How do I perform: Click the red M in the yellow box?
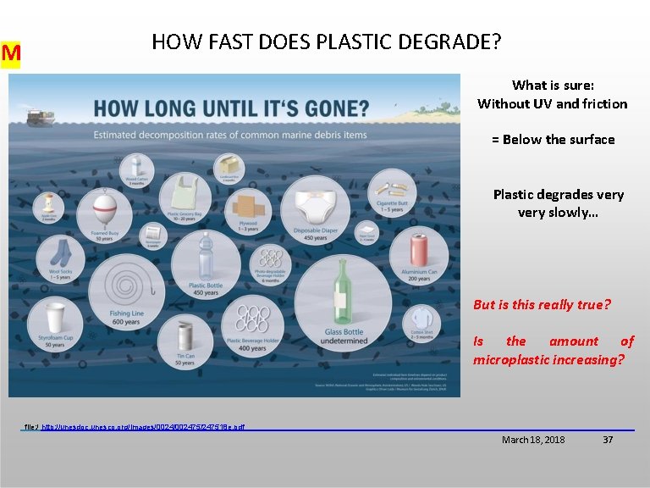coord(11,54)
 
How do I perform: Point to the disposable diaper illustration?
coord(315,205)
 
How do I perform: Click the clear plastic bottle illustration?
coord(205,255)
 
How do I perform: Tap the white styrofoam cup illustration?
coord(54,319)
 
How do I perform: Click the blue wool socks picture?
coord(60,252)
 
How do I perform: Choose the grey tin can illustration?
coord(184,337)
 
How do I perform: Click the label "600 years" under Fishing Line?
coord(124,322)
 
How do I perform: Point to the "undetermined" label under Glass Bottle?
coord(344,341)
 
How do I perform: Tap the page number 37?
coord(607,440)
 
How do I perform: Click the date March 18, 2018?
coord(533,440)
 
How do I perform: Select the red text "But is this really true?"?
coord(542,304)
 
